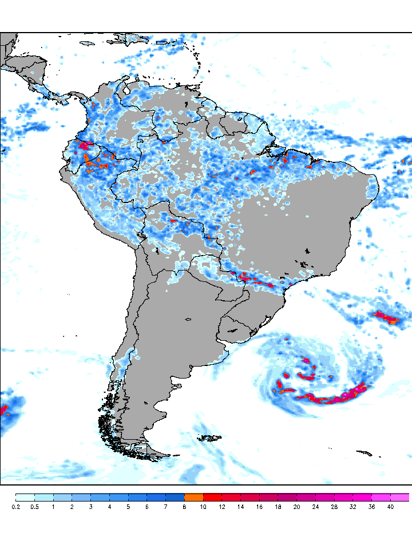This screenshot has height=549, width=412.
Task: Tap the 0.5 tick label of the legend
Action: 34,507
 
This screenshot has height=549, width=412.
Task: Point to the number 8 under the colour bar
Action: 184,507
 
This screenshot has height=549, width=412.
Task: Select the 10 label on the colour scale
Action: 203,507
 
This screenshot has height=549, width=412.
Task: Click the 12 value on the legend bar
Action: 222,507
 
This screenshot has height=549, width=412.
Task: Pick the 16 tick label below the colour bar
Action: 259,507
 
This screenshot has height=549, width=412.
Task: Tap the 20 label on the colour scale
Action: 296,507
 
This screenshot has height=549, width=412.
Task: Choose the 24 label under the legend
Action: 315,507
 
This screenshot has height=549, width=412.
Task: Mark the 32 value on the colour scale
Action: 352,507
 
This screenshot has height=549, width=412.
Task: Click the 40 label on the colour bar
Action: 390,507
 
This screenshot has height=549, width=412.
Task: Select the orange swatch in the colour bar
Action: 193,497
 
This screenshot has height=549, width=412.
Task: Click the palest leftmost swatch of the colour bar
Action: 25,497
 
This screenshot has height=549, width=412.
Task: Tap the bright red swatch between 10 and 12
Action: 212,497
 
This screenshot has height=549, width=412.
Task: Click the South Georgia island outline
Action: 364,453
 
